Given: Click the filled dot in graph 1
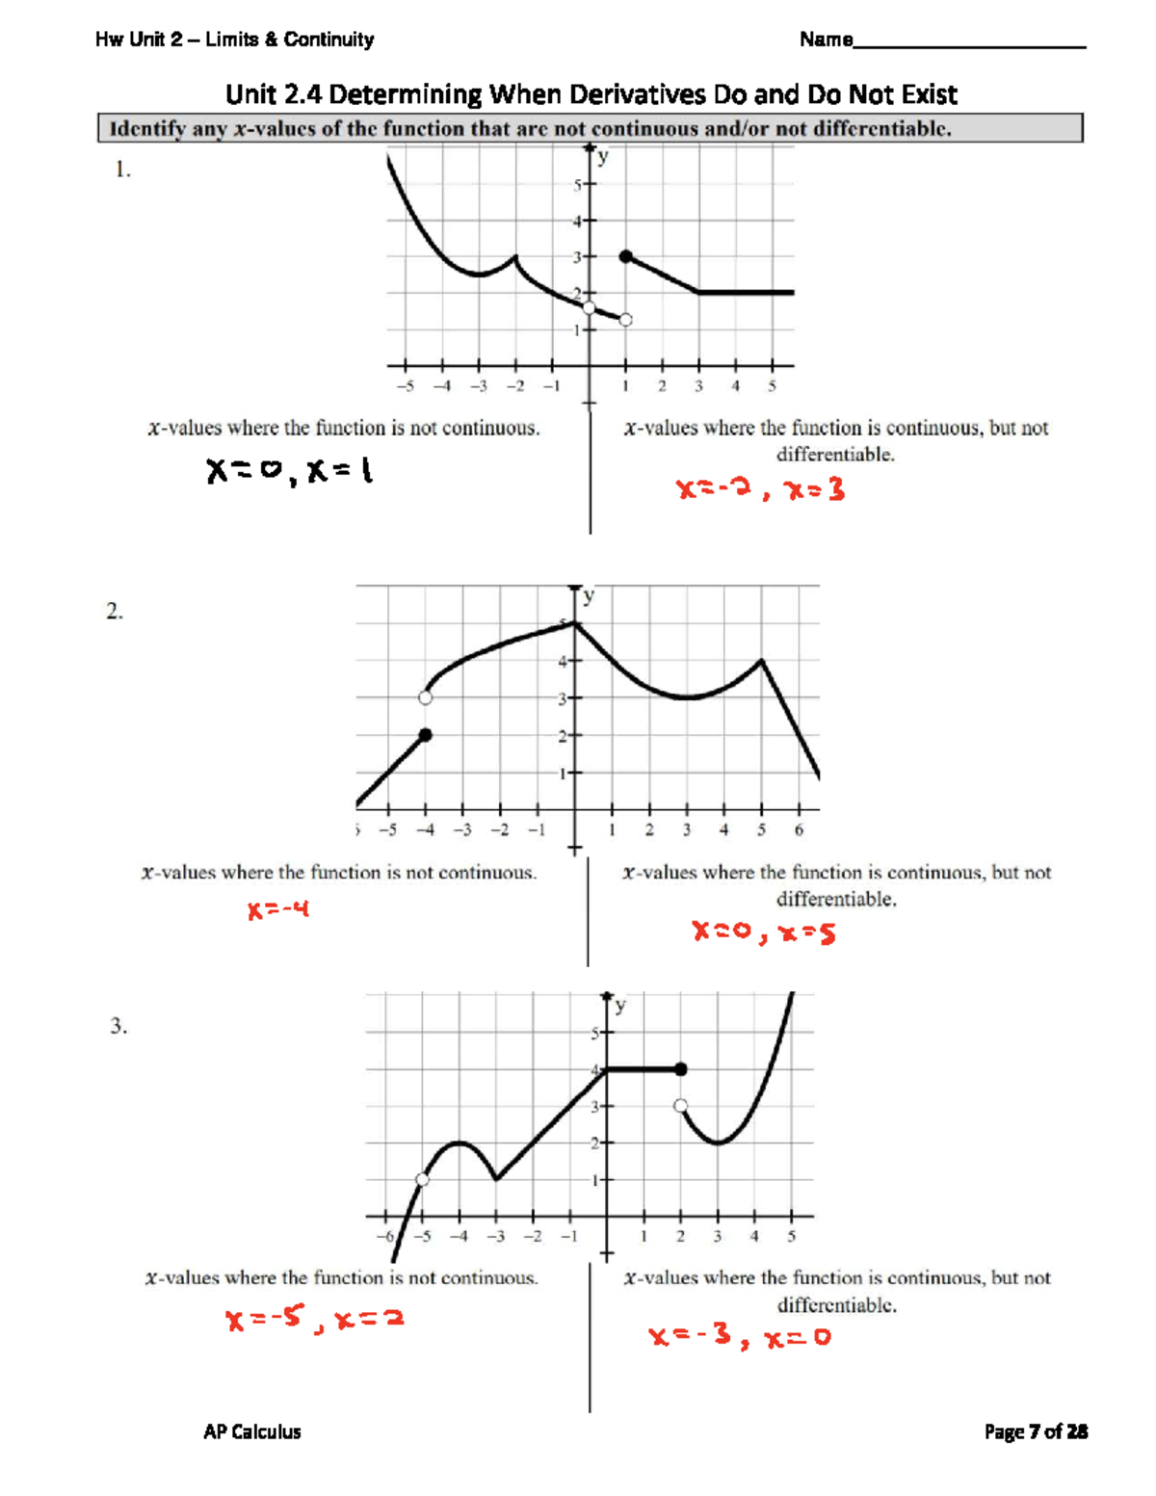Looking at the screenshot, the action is (x=626, y=256).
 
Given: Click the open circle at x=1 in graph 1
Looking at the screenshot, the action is (x=625, y=320).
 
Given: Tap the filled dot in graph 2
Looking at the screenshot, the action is (x=426, y=735).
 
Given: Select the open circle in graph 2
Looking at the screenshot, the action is (x=426, y=697).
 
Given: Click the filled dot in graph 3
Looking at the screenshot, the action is (x=681, y=1069).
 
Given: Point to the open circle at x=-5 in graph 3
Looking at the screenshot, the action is (x=422, y=1180).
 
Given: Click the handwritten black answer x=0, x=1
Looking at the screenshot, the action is (x=290, y=471).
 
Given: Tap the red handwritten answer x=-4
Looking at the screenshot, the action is (x=278, y=909).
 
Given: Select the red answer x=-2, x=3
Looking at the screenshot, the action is (x=760, y=490).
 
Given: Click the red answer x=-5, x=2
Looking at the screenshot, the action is (x=314, y=1317).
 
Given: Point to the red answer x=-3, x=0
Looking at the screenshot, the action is (x=739, y=1336).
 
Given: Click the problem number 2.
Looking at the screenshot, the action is (x=115, y=612).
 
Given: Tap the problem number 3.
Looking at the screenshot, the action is (x=118, y=1026).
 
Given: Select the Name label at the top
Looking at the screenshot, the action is (x=826, y=39).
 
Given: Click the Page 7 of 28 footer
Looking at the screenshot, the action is (x=1036, y=1431).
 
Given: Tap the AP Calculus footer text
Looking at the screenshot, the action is (x=252, y=1431).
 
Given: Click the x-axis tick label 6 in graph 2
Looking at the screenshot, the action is (x=799, y=830).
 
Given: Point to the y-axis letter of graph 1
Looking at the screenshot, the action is (x=603, y=158).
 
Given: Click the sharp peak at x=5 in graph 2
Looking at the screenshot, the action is (x=762, y=660).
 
